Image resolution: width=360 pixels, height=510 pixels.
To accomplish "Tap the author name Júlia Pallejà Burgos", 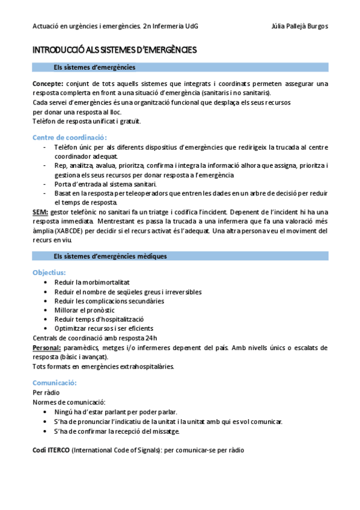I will [299, 26].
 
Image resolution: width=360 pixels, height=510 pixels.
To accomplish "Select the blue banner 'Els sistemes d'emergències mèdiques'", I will [110, 256].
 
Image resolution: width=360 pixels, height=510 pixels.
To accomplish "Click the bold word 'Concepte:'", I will [48, 84].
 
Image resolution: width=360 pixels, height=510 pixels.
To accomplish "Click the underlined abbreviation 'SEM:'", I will [41, 212].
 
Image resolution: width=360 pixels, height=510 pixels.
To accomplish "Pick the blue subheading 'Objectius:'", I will [49, 272].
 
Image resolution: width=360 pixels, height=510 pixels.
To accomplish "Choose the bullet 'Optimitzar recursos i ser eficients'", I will [103, 328].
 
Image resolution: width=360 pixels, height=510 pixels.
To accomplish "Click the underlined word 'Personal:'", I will [47, 348].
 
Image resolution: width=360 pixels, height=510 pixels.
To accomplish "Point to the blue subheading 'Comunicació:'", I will [54, 382].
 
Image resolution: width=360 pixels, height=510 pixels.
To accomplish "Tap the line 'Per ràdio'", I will [46, 392].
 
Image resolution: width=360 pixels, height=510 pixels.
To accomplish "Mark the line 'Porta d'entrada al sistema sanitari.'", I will [105, 184].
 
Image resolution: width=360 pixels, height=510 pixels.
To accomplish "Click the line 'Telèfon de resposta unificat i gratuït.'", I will [87, 121].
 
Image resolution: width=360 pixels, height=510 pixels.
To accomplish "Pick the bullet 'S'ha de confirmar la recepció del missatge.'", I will [117, 431].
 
